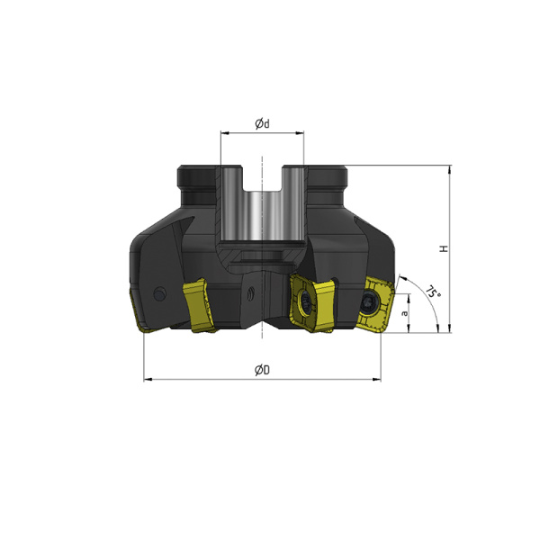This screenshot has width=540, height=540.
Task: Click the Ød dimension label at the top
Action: tap(262, 123)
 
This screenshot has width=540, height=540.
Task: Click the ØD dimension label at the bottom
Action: tap(262, 370)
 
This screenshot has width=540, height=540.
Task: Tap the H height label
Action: tap(444, 248)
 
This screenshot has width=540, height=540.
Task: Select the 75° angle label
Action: tap(433, 291)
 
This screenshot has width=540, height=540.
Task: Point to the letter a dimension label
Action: tap(405, 313)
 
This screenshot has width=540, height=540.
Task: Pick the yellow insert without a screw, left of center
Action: tap(198, 306)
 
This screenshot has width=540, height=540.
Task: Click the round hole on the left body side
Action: tap(159, 293)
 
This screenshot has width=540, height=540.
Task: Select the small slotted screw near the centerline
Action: tap(250, 293)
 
